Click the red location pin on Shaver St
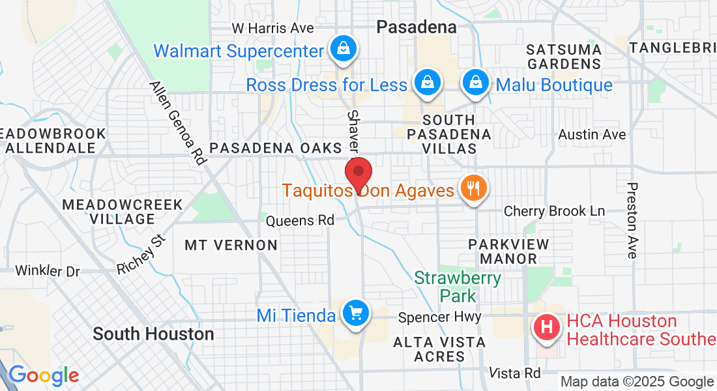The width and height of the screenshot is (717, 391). pos(358,173)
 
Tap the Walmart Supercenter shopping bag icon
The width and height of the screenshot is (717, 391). pos(342,48)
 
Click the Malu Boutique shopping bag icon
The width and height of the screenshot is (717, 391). pos(476,83)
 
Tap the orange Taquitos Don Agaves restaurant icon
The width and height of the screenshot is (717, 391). pos(471,188)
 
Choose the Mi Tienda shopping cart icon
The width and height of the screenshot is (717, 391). pos(356,314)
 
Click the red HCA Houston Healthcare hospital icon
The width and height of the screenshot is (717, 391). pos(548,326)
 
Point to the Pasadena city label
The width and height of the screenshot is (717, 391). pos(417,27)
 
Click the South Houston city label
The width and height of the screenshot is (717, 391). pos(153,334)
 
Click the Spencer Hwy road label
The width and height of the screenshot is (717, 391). pos(439,317)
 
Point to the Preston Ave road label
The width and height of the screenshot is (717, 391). pos(631,220)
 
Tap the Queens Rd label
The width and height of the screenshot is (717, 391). pos(300,221)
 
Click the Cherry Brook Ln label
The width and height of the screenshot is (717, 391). pos(555,211)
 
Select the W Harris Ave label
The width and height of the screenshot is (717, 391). pos(273,28)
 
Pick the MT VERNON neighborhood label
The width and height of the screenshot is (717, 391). pos(231,245)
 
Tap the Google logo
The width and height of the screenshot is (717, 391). pos(44,375)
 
